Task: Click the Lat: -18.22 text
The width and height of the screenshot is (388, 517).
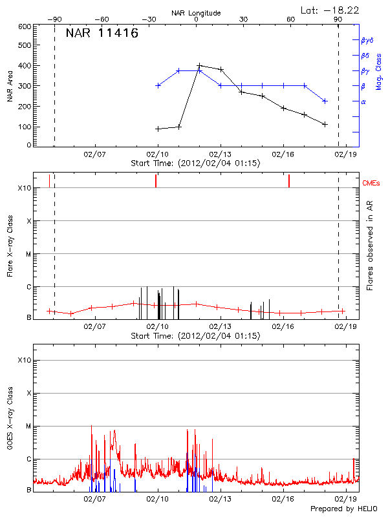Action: [x=330, y=10]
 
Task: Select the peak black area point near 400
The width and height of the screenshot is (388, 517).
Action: [x=200, y=65]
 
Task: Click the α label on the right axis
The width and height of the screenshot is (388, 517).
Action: [x=363, y=101]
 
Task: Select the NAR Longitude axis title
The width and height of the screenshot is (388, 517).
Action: [x=196, y=13]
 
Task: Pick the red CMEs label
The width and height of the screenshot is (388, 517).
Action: [x=371, y=184]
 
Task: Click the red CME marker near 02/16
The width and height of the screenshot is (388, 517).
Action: [x=289, y=181]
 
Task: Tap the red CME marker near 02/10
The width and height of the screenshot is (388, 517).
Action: [x=156, y=181]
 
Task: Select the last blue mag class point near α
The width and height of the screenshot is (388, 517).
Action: [x=325, y=101]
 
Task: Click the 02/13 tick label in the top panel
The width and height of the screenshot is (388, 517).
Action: [x=221, y=155]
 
